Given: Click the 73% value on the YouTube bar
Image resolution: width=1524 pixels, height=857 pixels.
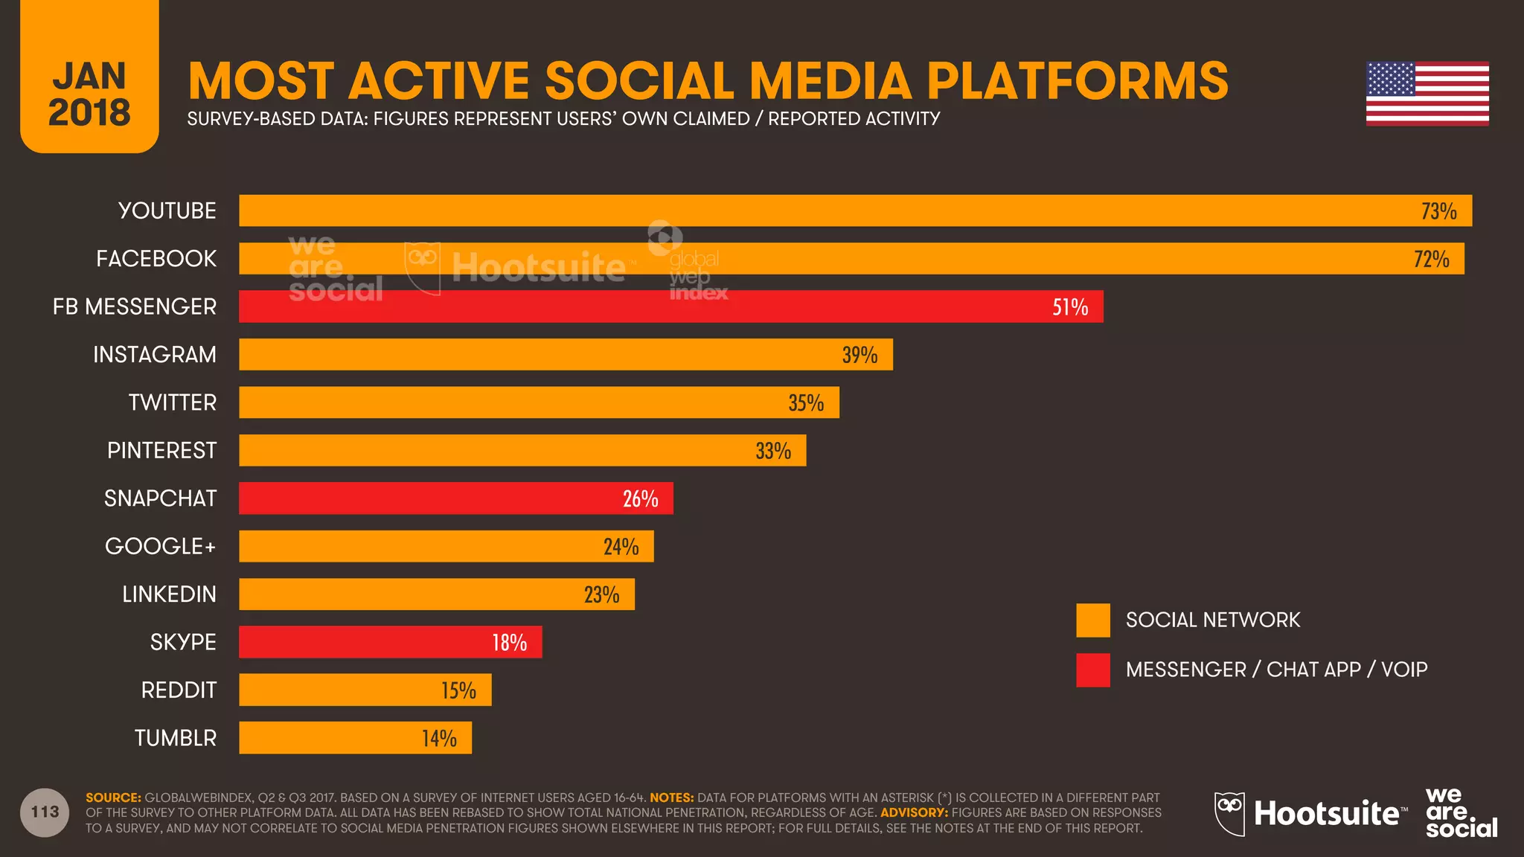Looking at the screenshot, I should (1438, 211).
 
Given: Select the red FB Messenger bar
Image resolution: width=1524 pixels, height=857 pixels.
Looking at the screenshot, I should (670, 306).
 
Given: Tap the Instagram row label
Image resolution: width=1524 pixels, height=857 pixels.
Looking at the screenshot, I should (155, 355).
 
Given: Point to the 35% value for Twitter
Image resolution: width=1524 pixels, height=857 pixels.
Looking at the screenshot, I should (806, 403).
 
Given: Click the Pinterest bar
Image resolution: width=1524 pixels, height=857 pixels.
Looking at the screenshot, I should (521, 451).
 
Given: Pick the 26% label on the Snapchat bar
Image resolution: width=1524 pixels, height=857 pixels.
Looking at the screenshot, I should (640, 498).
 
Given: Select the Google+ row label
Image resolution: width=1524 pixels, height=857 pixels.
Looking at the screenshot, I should (160, 547).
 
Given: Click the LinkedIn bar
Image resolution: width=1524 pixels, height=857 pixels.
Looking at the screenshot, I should (436, 594).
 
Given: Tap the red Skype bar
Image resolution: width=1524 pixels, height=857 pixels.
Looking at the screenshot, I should (390, 642).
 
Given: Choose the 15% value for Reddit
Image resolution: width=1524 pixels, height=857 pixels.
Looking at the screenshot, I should (458, 690).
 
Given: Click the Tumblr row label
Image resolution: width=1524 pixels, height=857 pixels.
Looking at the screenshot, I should (176, 738).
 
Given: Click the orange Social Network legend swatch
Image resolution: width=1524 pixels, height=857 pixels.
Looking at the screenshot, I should (1092, 620).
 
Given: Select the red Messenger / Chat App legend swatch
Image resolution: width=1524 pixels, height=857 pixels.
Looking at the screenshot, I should (1092, 670).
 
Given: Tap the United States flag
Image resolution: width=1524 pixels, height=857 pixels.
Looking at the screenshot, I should (1427, 94).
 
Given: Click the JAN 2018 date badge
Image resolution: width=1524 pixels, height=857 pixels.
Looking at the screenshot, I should (89, 93).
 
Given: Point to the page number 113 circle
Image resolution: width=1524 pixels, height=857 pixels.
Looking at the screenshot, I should (45, 812).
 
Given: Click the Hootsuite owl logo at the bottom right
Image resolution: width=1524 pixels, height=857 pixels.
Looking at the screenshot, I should (1229, 813).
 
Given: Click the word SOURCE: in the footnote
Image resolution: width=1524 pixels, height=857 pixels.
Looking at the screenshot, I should (113, 797).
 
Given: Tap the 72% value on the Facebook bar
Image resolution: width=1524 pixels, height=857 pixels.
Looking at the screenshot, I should (1431, 260).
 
